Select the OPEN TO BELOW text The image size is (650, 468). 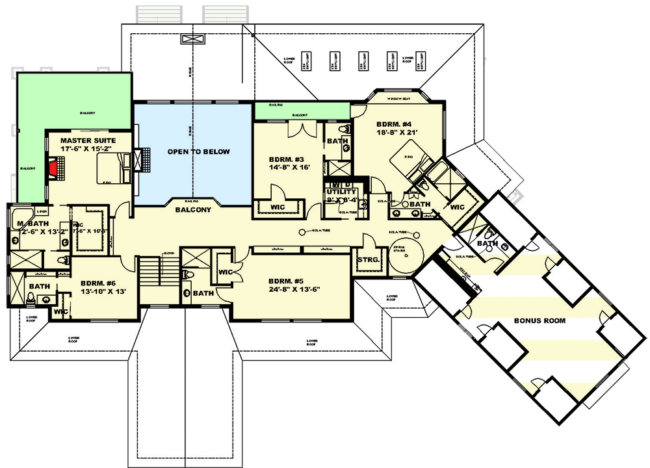tap(198, 152)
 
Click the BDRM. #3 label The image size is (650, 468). tap(287, 159)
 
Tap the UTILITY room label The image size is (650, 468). tap(341, 192)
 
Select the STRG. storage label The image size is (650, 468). tap(369, 260)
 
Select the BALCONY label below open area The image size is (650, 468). tap(193, 211)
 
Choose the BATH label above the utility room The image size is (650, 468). tap(337, 141)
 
